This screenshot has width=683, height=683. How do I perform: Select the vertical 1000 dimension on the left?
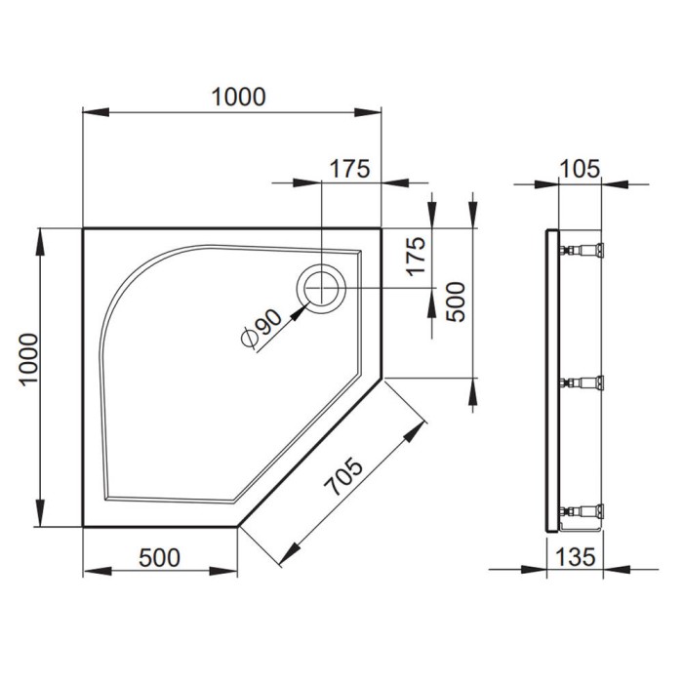click(28, 376)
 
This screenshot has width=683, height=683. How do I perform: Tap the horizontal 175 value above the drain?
click(348, 168)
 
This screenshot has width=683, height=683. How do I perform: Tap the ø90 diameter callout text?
click(261, 326)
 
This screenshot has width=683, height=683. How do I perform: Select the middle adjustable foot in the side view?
click(583, 382)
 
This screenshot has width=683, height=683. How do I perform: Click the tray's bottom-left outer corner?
click(83, 527)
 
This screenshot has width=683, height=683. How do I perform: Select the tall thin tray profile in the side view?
click(553, 381)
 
